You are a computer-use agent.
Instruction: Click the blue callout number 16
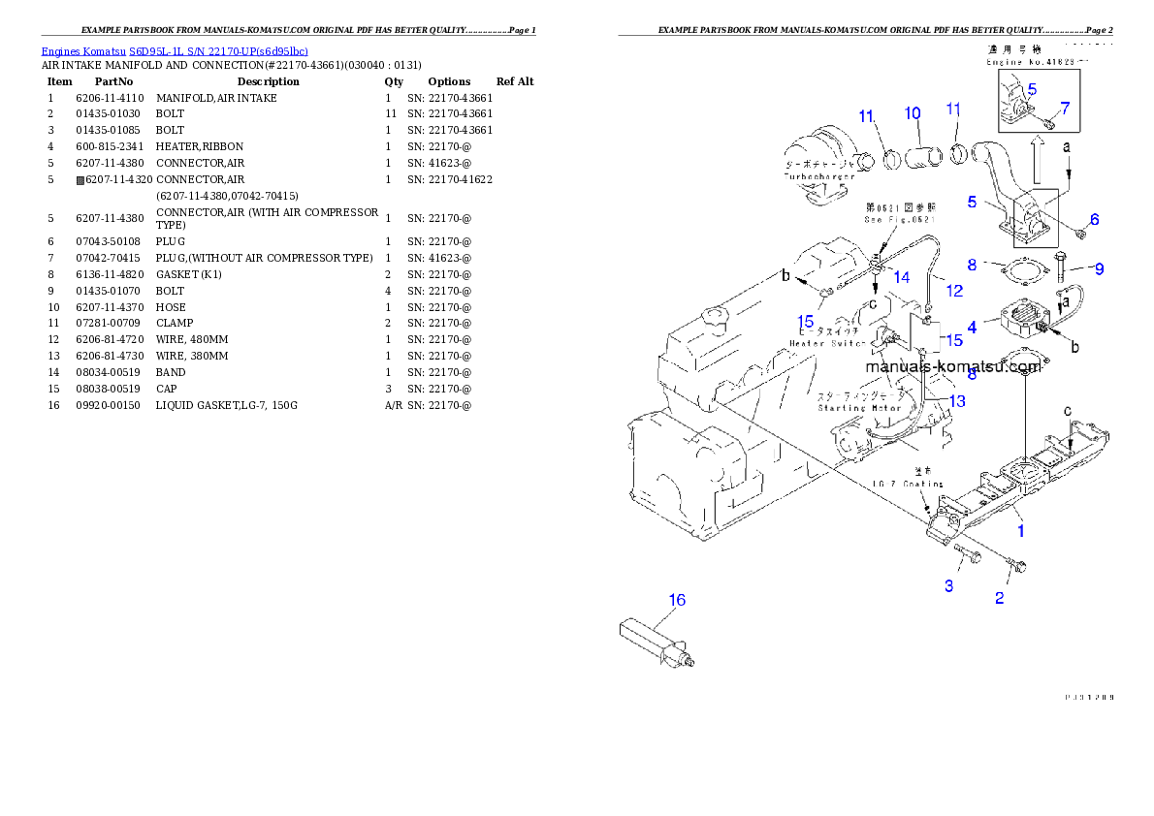click(677, 600)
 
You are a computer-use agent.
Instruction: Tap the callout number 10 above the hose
click(913, 113)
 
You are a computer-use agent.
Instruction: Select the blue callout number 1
click(1020, 530)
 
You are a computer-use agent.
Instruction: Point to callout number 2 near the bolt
click(999, 598)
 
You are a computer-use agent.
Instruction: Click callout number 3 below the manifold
click(948, 585)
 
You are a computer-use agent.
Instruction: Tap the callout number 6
click(1094, 219)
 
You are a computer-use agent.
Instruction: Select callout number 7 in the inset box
click(1065, 108)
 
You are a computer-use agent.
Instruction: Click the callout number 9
click(1099, 268)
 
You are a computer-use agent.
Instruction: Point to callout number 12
click(955, 290)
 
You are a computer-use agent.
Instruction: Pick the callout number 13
click(957, 401)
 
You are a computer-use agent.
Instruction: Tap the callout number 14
click(901, 277)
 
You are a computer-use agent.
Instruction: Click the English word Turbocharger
click(818, 177)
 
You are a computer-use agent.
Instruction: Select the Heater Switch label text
click(827, 343)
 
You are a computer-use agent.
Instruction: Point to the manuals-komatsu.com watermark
click(952, 366)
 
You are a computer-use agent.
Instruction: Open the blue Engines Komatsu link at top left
click(175, 50)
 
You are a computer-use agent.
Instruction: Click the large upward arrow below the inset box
click(1037, 156)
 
